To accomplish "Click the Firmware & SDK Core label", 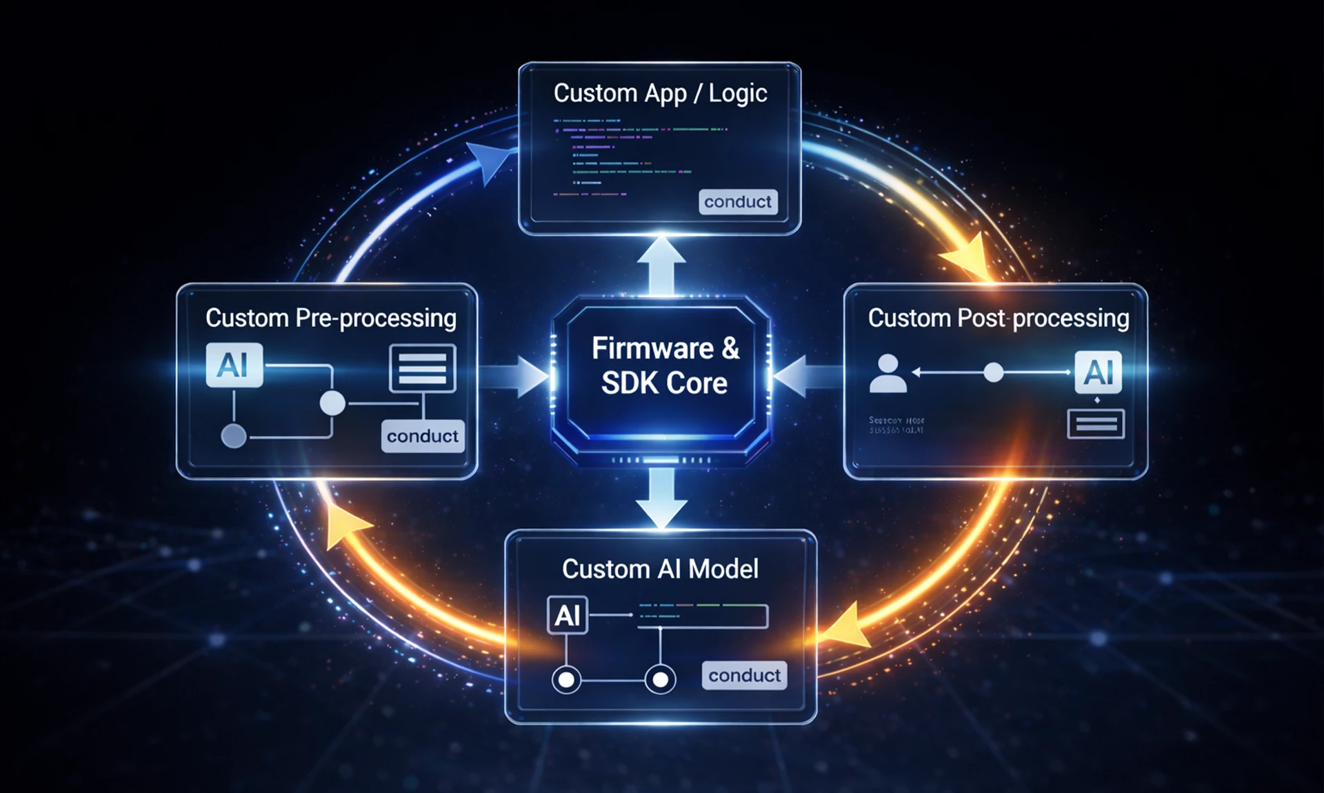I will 665,365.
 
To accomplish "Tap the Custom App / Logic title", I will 660,93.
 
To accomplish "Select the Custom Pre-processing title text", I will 330,318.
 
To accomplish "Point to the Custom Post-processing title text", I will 998,318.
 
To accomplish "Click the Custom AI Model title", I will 660,569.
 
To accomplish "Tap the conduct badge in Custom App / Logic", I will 738,201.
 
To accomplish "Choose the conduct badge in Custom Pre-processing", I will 422,436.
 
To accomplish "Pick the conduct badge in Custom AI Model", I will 744,675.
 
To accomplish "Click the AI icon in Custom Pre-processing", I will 234,365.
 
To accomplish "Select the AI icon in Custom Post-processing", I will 1098,372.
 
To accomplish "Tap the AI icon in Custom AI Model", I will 567,615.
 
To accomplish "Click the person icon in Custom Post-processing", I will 887,374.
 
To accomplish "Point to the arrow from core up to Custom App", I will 661,265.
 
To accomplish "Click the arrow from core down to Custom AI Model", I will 661,498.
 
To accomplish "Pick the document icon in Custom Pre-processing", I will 423,368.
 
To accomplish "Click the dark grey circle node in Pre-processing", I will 234,436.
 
